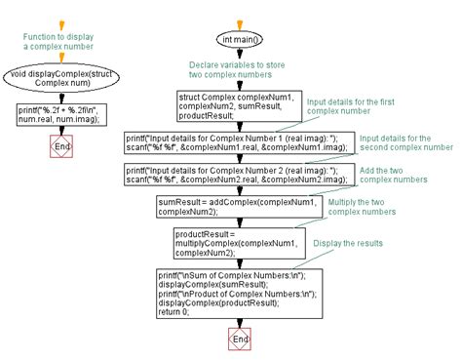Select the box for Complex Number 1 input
coord(235,143)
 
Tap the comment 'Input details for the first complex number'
coord(348,106)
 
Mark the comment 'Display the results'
coord(348,244)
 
